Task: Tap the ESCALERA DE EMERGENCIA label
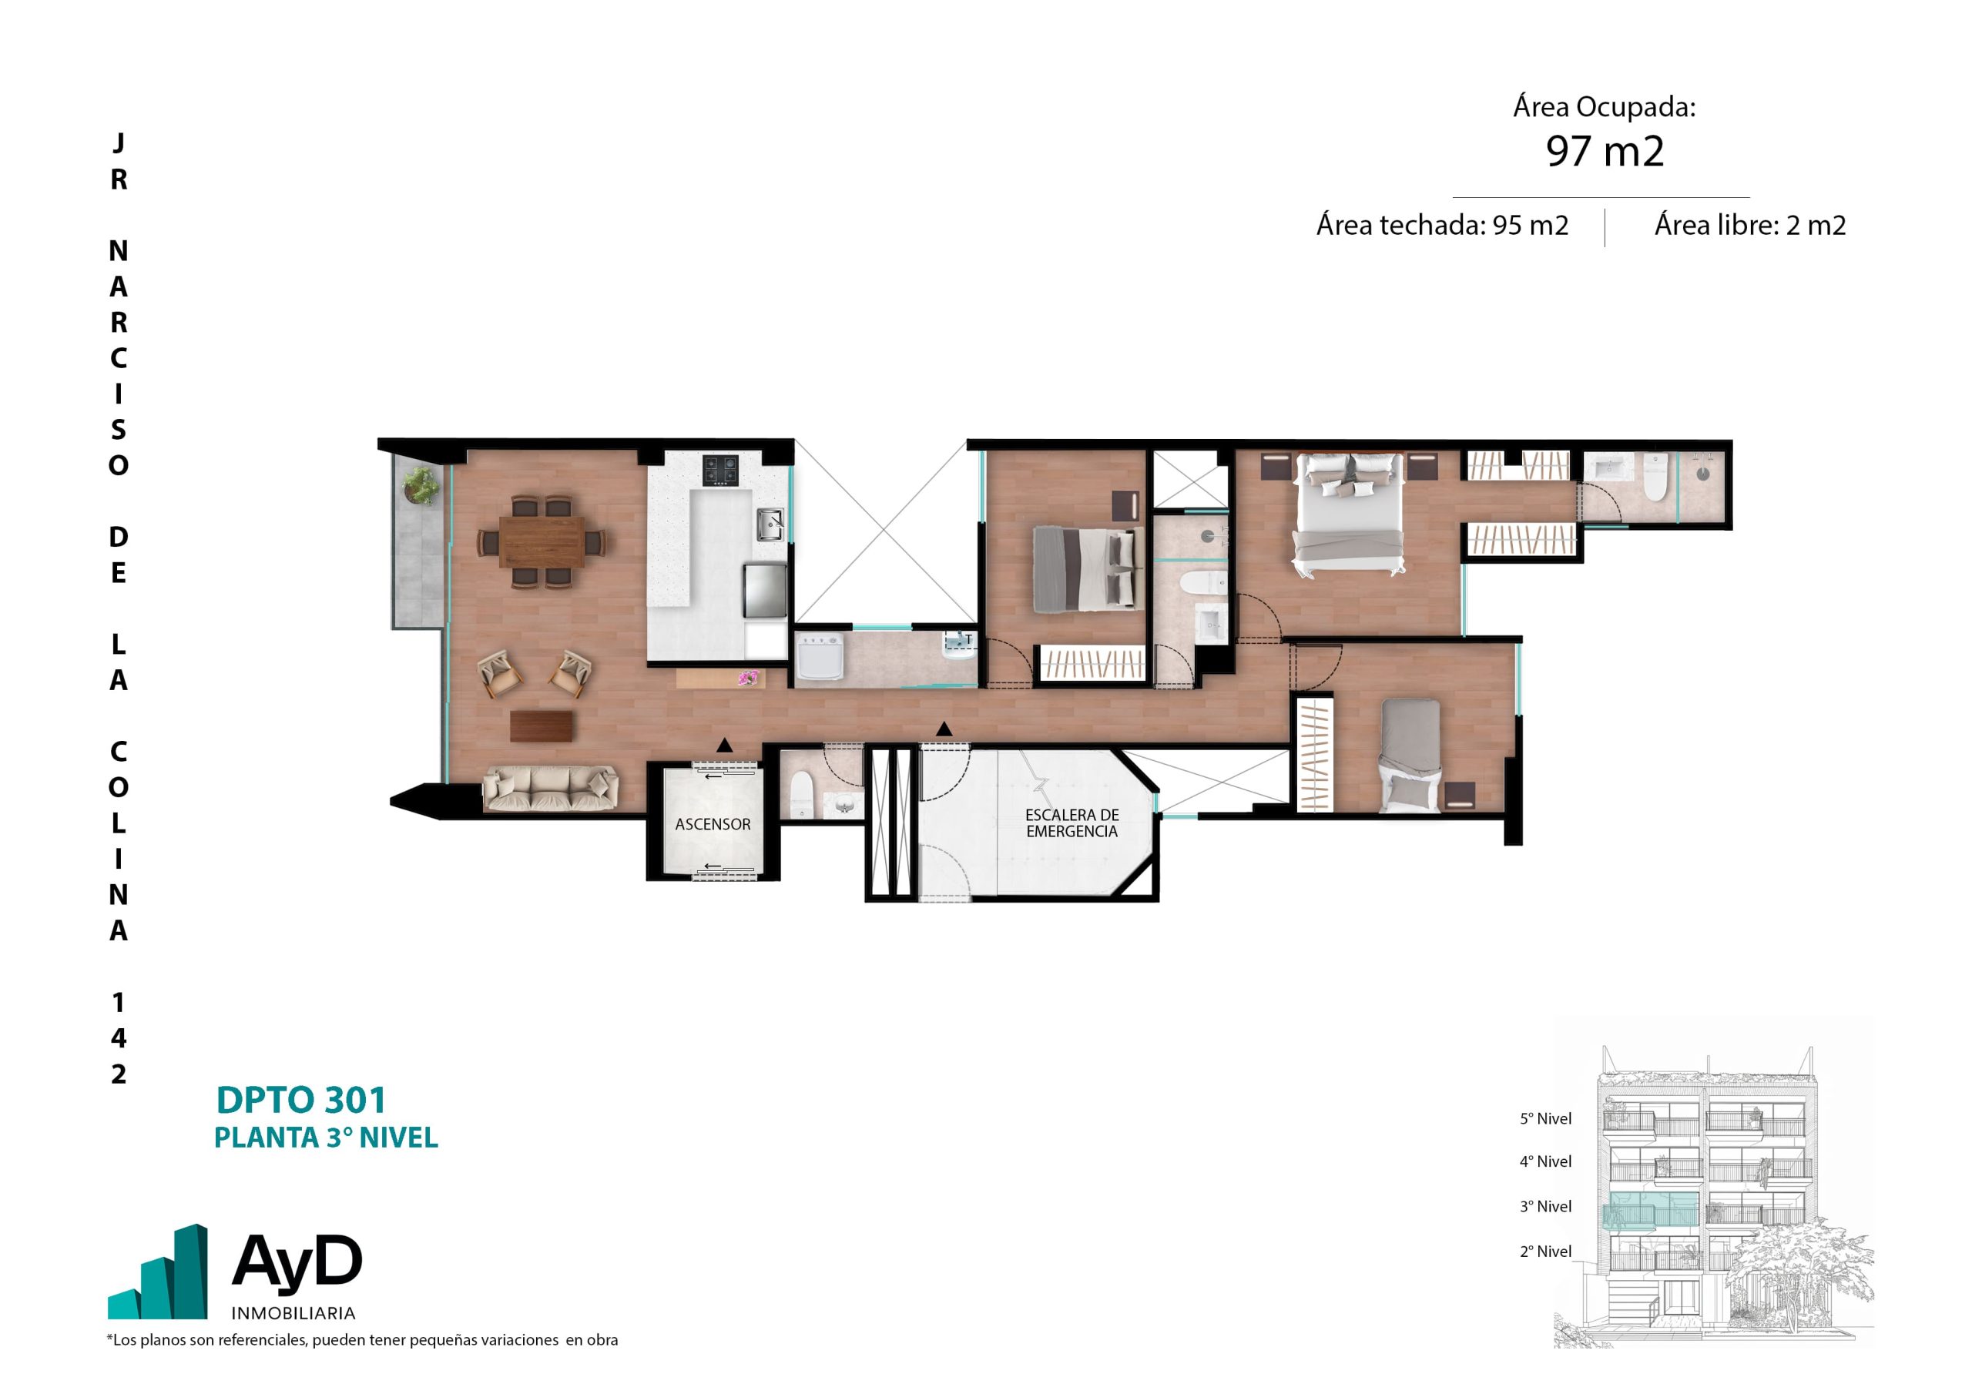point(1072,823)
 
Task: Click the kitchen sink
point(770,524)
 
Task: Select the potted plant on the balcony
point(421,485)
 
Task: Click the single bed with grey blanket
point(1410,756)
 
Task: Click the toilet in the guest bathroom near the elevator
point(801,795)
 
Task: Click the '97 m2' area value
point(1605,151)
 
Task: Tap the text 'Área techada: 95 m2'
point(1442,225)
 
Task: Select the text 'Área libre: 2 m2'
point(1749,225)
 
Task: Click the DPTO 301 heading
point(300,1101)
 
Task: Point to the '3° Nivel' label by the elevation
point(1545,1207)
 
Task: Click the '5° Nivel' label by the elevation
point(1545,1119)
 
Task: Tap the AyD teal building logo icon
point(158,1272)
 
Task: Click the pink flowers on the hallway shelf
point(748,679)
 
